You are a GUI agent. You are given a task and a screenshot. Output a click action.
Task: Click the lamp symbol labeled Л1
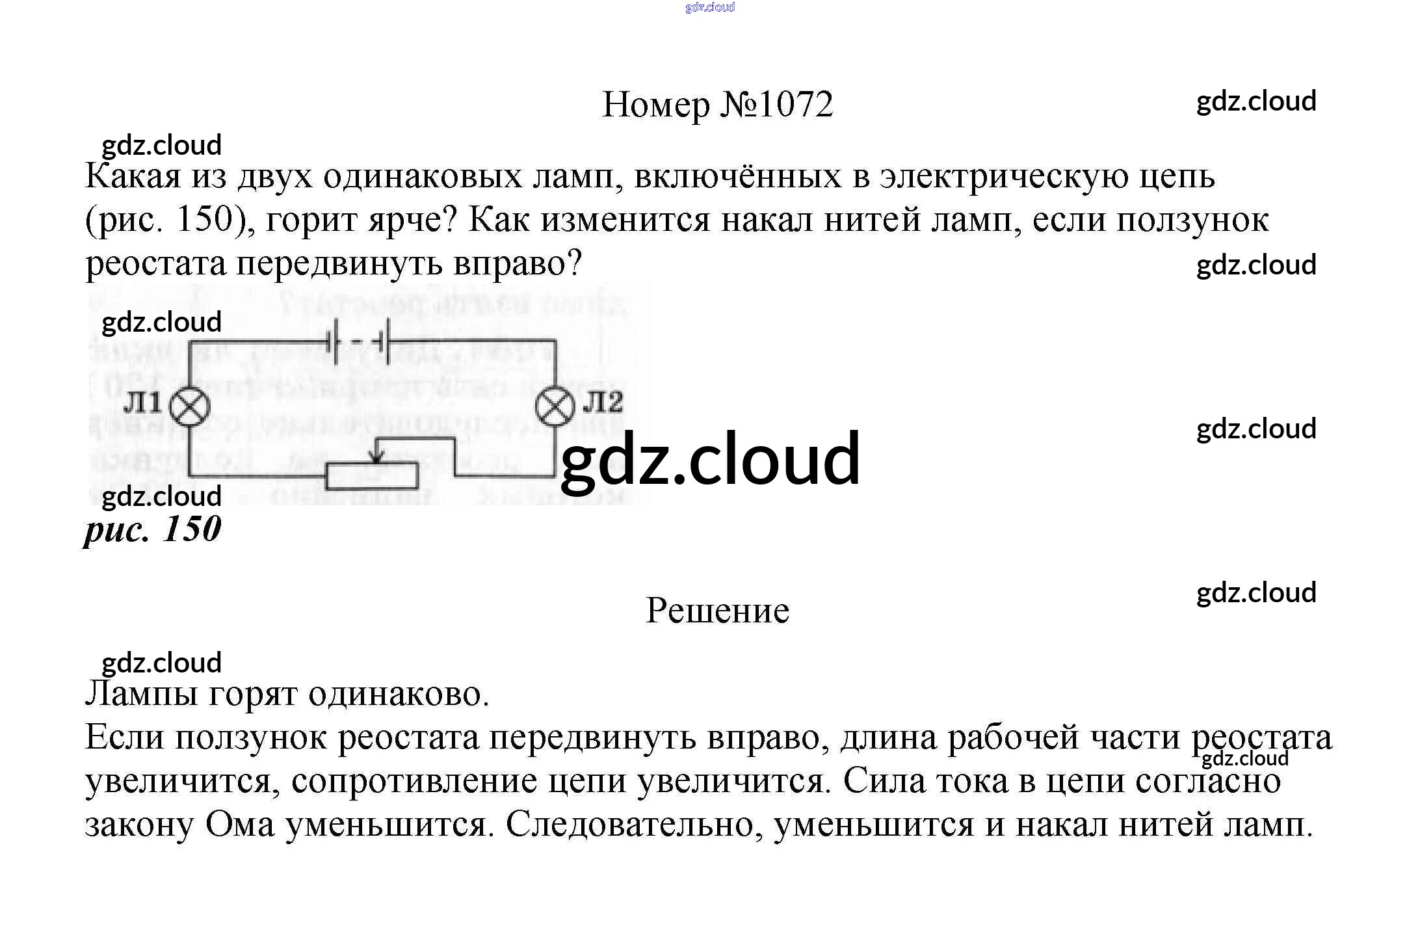(190, 407)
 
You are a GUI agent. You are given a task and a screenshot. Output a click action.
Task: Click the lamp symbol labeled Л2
(555, 406)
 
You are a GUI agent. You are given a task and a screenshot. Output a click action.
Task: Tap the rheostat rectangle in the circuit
(372, 475)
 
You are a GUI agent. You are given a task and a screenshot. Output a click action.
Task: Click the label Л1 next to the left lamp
(142, 403)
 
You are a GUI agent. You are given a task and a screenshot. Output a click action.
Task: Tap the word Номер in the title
(656, 104)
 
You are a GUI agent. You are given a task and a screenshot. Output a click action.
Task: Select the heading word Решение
(717, 611)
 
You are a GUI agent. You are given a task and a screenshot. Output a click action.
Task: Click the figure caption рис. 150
(153, 529)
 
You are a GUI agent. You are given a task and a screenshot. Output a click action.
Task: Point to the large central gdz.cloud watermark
(710, 459)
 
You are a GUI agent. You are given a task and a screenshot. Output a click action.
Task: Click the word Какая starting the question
(133, 176)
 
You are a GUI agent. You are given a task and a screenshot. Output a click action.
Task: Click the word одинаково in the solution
(398, 694)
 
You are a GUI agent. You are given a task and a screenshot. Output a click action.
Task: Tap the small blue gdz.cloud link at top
(709, 7)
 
